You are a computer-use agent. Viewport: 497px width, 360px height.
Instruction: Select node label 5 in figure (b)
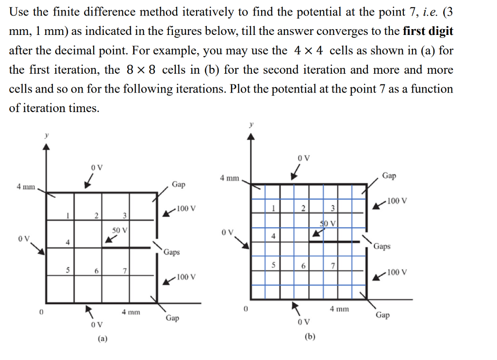274,265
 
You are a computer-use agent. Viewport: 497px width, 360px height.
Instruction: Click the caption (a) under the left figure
102,339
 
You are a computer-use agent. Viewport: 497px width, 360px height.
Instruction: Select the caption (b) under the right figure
310,336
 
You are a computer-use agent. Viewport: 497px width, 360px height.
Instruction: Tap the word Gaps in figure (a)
172,252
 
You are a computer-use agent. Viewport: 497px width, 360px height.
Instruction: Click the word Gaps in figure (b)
382,246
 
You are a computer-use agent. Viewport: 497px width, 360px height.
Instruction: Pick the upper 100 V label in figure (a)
186,209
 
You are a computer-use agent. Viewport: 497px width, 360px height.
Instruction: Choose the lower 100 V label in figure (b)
397,272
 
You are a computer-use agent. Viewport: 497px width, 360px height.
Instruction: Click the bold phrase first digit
428,32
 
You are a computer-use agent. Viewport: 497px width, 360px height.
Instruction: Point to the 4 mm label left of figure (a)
26,187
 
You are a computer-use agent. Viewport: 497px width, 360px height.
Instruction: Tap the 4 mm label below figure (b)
339,309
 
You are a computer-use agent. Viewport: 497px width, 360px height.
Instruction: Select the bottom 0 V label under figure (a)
97,324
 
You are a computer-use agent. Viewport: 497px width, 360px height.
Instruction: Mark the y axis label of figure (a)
46,136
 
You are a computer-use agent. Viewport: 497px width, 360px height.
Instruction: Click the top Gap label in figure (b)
389,175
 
